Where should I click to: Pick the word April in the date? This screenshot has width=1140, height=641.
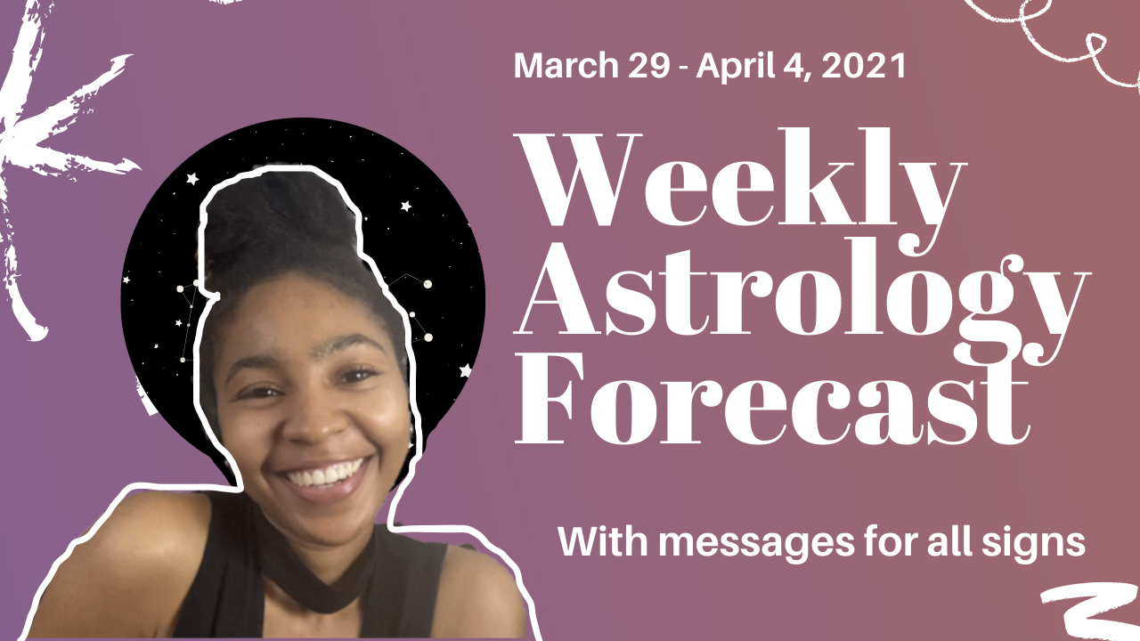[729, 67]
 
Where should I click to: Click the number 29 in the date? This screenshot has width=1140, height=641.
[645, 67]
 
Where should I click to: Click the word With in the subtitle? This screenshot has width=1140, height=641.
[591, 541]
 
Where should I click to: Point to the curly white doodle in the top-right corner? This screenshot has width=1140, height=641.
[1060, 31]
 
